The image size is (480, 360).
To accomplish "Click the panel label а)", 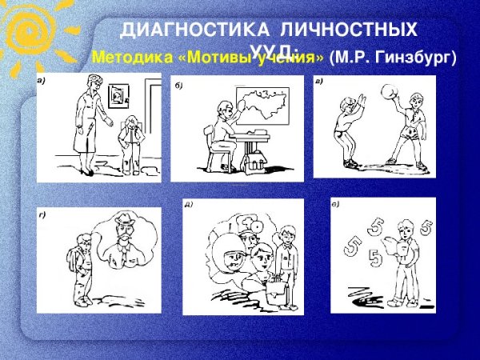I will (x=40, y=81).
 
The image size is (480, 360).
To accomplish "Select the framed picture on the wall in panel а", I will (x=118, y=96).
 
